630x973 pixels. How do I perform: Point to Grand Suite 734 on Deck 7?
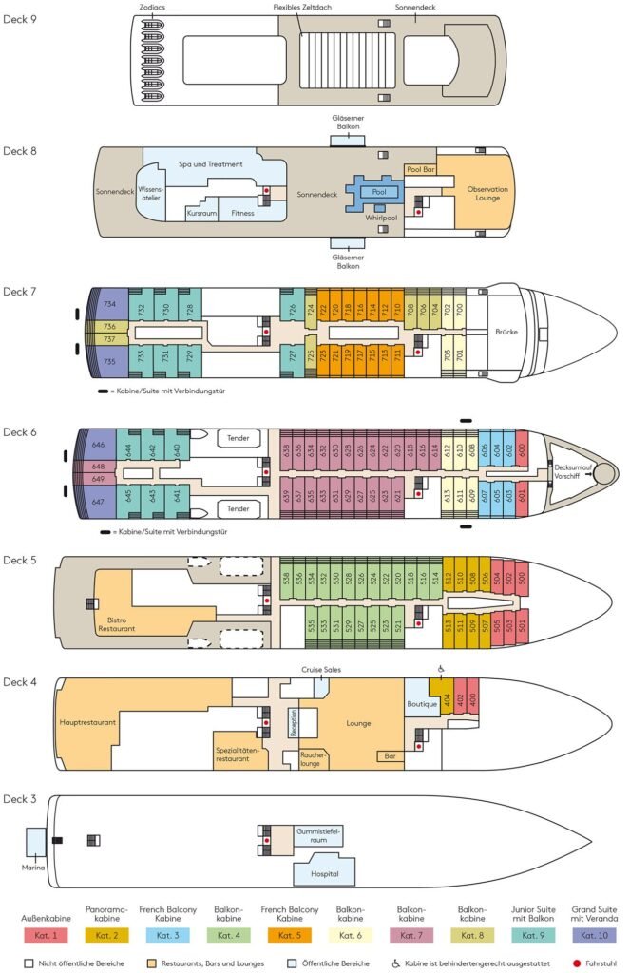tap(109, 304)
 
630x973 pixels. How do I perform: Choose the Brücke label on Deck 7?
tap(506, 333)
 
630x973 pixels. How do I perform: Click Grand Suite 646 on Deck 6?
tap(98, 445)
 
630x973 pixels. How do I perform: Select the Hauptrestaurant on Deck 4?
tap(88, 722)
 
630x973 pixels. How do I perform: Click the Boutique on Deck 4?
tap(422, 704)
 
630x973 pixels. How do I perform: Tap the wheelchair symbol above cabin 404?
tap(440, 668)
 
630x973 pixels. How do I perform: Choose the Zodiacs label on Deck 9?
tap(151, 7)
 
